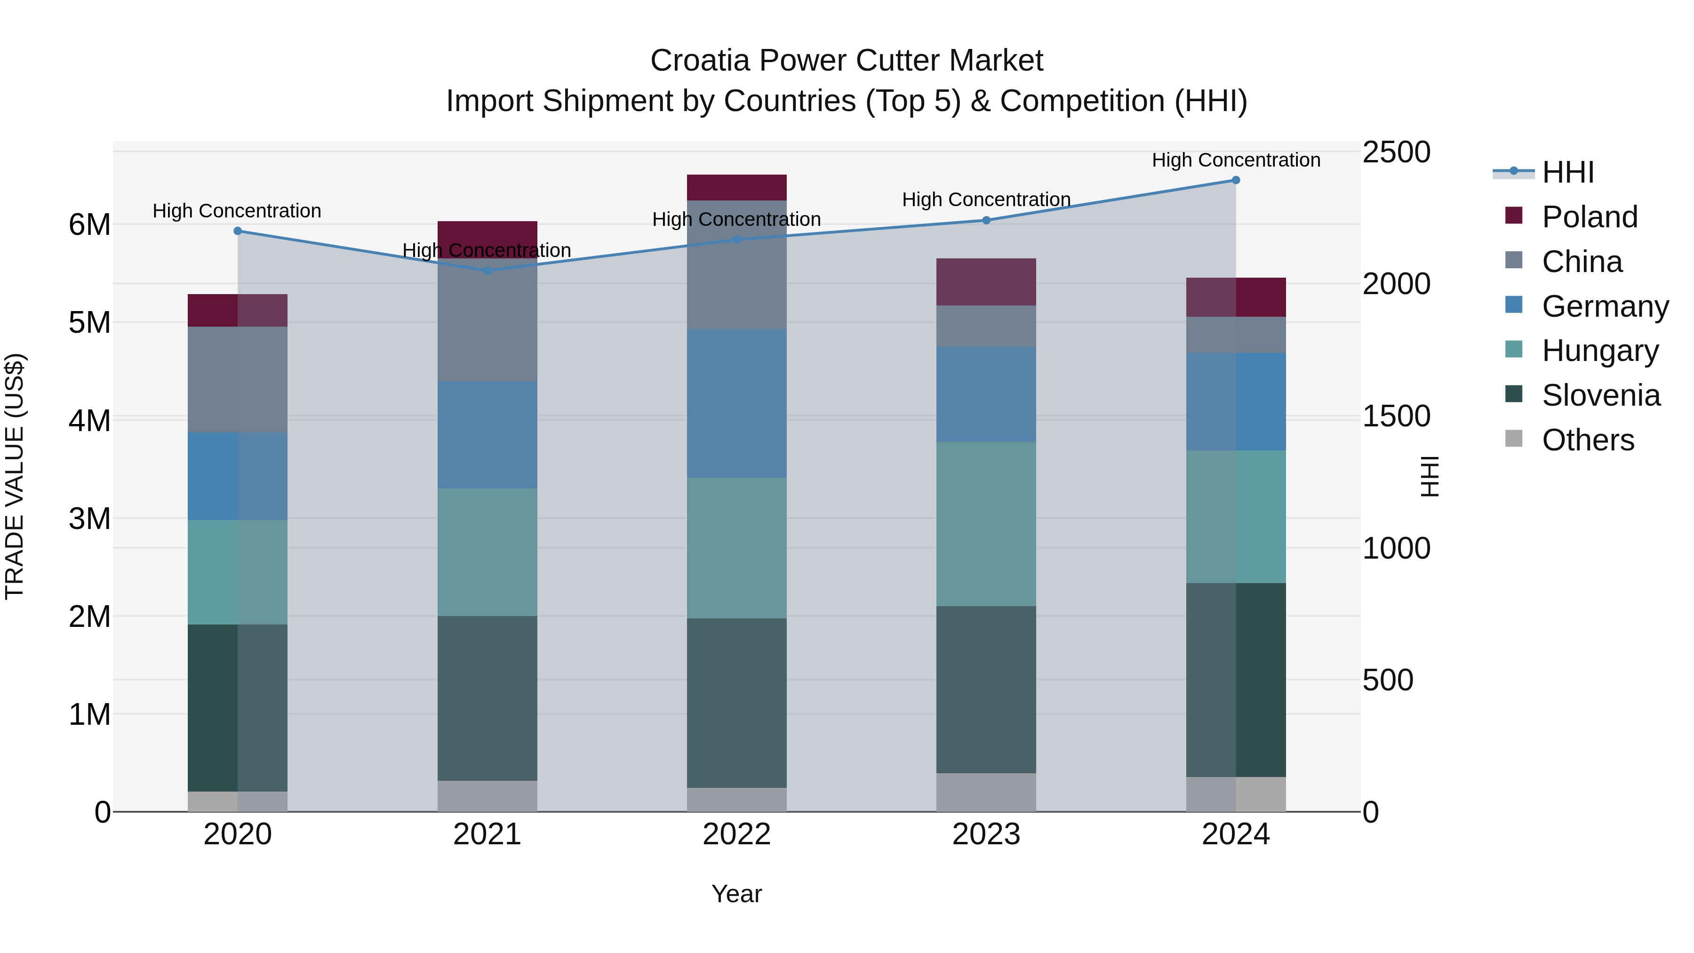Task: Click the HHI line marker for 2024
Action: tap(1236, 180)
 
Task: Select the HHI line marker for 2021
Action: tap(487, 270)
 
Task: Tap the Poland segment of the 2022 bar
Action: tap(736, 187)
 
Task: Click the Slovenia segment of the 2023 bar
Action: tap(986, 689)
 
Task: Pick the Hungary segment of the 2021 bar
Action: tap(487, 552)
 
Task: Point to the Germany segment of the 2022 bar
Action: tap(736, 404)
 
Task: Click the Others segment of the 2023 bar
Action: tap(986, 792)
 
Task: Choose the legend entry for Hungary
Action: tap(1599, 351)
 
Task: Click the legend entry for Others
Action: tap(1588, 440)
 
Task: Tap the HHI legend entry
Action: tap(1567, 172)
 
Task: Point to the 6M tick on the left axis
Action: tap(90, 225)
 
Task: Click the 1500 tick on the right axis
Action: tap(1396, 416)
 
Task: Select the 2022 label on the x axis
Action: tap(736, 834)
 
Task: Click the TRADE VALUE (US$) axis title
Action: tap(15, 476)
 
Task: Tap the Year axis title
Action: tap(736, 894)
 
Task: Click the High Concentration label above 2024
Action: tap(1236, 160)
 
